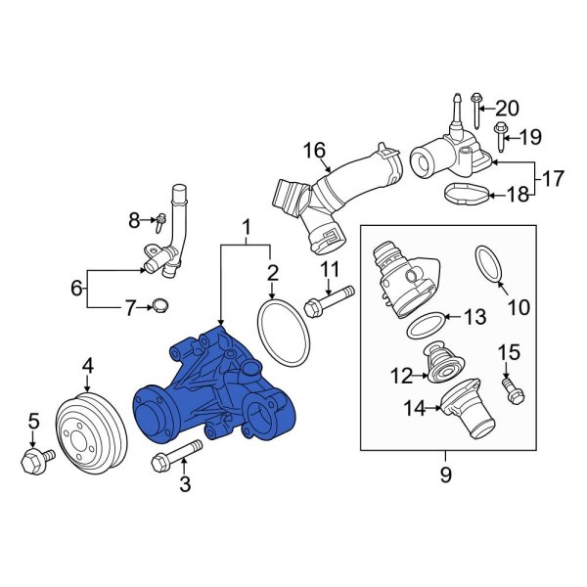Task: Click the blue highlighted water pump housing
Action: tap(210, 391)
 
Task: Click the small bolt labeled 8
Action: tap(158, 221)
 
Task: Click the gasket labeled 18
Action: tap(459, 194)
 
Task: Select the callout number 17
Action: tap(554, 179)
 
